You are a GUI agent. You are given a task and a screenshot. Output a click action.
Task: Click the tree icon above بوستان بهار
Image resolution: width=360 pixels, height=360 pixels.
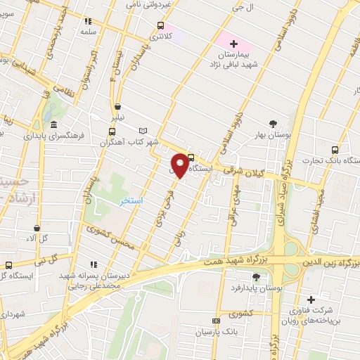click(273, 123)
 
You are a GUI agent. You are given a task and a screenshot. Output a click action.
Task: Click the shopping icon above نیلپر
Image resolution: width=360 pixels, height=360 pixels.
click(117, 108)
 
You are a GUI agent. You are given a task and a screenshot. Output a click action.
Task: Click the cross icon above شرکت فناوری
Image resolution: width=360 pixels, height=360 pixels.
click(311, 300)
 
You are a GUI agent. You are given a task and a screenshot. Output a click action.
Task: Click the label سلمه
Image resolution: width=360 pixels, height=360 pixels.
click(87, 32)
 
